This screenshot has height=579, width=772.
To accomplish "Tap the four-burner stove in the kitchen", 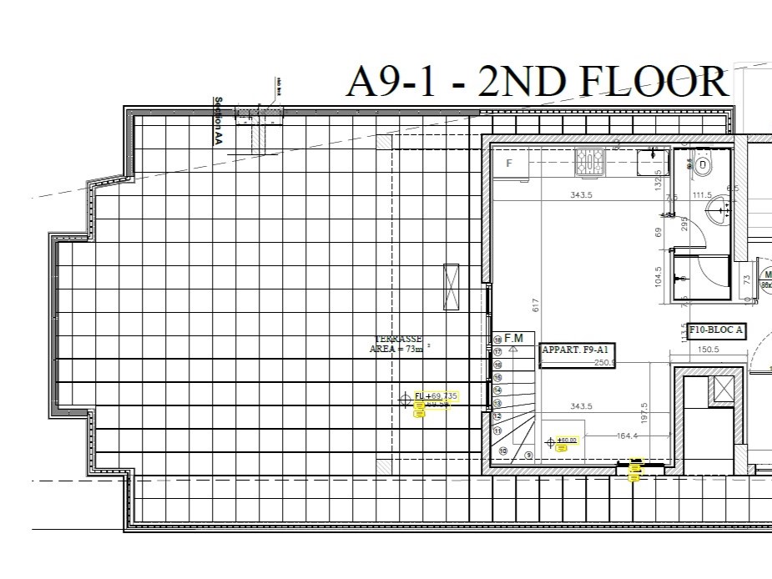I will pyautogui.click(x=589, y=160).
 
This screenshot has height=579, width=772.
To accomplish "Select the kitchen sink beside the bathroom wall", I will pyautogui.click(x=649, y=160).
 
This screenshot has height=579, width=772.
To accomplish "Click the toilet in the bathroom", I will pyautogui.click(x=702, y=165).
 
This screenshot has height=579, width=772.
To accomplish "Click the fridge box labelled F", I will pyautogui.click(x=509, y=164).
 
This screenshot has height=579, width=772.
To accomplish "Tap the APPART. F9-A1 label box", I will pyautogui.click(x=577, y=350).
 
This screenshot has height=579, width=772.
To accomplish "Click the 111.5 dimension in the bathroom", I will pyautogui.click(x=703, y=195).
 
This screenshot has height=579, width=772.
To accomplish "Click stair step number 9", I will pyautogui.click(x=529, y=456).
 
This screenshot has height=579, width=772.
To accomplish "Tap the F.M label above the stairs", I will pyautogui.click(x=513, y=338).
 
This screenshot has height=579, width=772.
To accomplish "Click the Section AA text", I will pyautogui.click(x=219, y=123).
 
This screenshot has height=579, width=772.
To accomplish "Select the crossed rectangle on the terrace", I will pyautogui.click(x=452, y=286).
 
